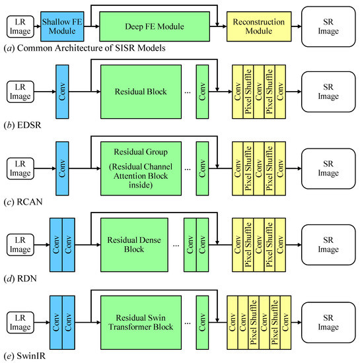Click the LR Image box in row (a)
point(20,26)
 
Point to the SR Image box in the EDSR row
point(326,91)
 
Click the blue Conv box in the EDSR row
point(63,91)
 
